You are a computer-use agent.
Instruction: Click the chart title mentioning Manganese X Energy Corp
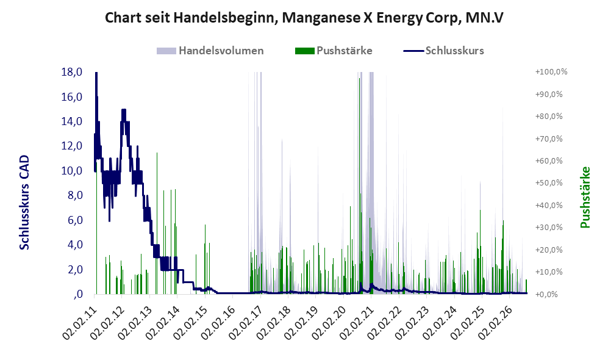pyautogui.click(x=304, y=18)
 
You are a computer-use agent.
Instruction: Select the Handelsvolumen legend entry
pyautogui.click(x=210, y=51)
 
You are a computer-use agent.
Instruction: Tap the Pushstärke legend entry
pyautogui.click(x=334, y=51)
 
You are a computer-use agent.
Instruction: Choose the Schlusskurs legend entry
pyautogui.click(x=443, y=51)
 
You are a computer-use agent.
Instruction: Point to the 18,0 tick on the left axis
pyautogui.click(x=72, y=72)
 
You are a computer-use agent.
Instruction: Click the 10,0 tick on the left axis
pyautogui.click(x=72, y=171)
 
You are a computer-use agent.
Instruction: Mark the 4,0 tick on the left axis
pyautogui.click(x=75, y=245)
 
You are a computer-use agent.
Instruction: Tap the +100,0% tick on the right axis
pyautogui.click(x=551, y=72)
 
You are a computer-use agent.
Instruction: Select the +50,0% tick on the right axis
pyautogui.click(x=549, y=183)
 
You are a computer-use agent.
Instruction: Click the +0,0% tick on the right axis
pyautogui.click(x=547, y=295)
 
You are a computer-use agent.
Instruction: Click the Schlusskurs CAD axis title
pyautogui.click(x=24, y=202)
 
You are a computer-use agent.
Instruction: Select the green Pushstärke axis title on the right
pyautogui.click(x=585, y=197)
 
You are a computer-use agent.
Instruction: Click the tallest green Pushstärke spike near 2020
pyautogui.click(x=359, y=186)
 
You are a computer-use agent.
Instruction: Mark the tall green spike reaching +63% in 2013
pyautogui.click(x=157, y=223)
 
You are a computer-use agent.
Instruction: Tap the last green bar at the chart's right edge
pyautogui.click(x=526, y=287)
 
